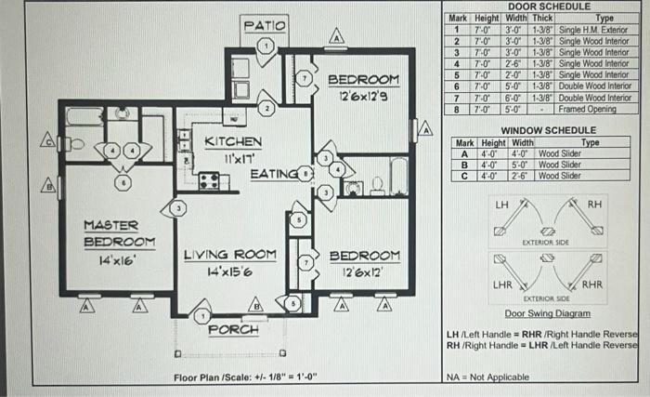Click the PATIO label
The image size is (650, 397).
pyautogui.click(x=266, y=23)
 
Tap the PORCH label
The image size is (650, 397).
pyautogui.click(x=233, y=329)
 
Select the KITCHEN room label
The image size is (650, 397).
pyautogui.click(x=233, y=142)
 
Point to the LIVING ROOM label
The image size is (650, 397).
pyautogui.click(x=229, y=255)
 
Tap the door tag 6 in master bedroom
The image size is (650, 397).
pyautogui.click(x=123, y=181)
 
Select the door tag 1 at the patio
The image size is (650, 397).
pyautogui.click(x=266, y=46)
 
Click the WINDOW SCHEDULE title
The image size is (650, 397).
pyautogui.click(x=542, y=130)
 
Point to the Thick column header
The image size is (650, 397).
pyautogui.click(x=542, y=18)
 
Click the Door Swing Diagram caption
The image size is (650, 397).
pyautogui.click(x=547, y=313)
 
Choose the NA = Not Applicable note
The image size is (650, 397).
pyautogui.click(x=484, y=377)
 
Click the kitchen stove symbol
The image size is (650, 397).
pyautogui.click(x=209, y=180)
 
